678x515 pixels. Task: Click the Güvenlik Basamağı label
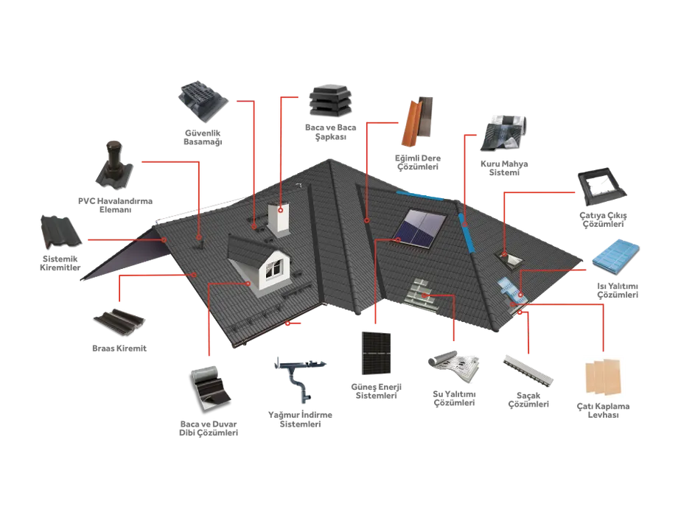tap(203, 138)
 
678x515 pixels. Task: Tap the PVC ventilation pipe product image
tap(113, 165)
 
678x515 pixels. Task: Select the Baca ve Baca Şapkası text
tap(331, 132)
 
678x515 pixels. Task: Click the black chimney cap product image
tap(330, 101)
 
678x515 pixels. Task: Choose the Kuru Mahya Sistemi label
tap(504, 168)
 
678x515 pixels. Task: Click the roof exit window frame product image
tap(601, 187)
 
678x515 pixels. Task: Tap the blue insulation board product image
tap(615, 256)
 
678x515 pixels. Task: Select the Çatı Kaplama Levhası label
tap(603, 410)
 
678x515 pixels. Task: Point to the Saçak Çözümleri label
tap(528, 400)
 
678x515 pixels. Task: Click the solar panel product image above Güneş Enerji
tap(376, 353)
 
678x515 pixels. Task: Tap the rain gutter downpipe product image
tap(300, 379)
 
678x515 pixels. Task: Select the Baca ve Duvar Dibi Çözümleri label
tap(209, 429)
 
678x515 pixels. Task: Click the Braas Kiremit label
tap(119, 348)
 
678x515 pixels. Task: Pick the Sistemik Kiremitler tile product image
tap(60, 232)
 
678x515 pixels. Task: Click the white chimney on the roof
tap(279, 220)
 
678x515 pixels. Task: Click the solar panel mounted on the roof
tap(419, 228)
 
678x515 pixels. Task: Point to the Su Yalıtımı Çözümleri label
tap(454, 399)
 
